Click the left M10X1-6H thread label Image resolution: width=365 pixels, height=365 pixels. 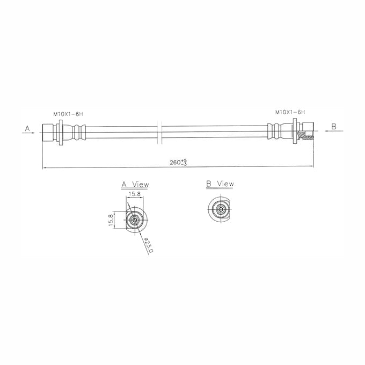[68, 114]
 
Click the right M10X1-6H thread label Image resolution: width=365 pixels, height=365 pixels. [290, 112]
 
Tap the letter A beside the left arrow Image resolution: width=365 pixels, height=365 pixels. [27, 128]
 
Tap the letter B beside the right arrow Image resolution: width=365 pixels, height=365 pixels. [334, 127]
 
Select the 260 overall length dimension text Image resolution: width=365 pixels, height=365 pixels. [178, 162]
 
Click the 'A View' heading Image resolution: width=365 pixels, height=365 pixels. [135, 185]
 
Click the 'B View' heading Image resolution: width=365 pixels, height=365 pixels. [220, 184]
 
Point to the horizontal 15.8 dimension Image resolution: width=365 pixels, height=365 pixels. [135, 194]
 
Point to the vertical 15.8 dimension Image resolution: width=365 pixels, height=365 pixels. [111, 220]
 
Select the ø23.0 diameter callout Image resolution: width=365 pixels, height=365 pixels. [148, 245]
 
